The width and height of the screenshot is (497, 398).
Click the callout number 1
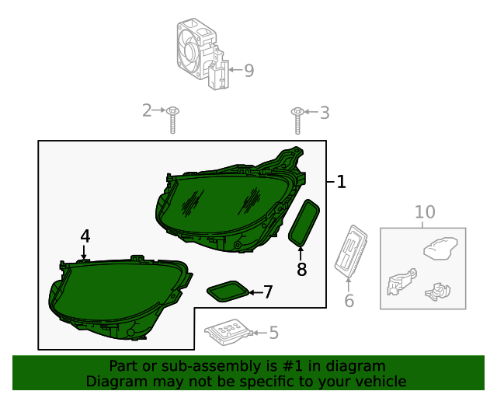click(x=341, y=182)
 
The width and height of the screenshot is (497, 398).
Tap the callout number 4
click(x=85, y=236)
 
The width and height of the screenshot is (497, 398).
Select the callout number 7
click(x=268, y=292)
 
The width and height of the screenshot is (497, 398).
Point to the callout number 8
click(x=301, y=269)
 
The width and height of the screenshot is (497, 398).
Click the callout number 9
click(x=248, y=71)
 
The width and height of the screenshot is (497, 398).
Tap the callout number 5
click(x=273, y=333)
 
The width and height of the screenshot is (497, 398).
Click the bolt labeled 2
click(x=173, y=119)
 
